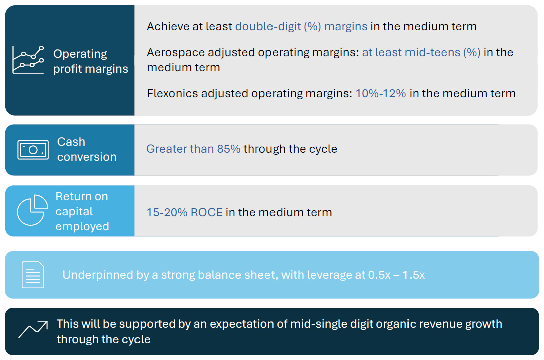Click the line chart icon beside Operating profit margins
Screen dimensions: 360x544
point(28,60)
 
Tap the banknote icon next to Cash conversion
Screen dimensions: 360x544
point(33,150)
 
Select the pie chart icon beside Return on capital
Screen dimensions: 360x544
point(32,211)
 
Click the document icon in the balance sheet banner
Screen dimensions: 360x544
point(33,275)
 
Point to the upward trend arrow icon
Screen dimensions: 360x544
point(33,329)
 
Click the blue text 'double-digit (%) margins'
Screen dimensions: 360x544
point(301,26)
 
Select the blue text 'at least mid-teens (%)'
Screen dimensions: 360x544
point(421,52)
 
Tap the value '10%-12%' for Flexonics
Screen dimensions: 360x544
point(380,93)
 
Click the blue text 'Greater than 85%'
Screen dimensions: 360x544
point(193,149)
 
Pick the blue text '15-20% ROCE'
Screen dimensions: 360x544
point(184,212)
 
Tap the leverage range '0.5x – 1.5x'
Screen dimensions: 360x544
point(395,275)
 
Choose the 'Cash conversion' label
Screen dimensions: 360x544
point(86,149)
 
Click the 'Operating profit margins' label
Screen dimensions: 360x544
point(90,61)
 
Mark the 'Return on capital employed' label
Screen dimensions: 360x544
point(82,211)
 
